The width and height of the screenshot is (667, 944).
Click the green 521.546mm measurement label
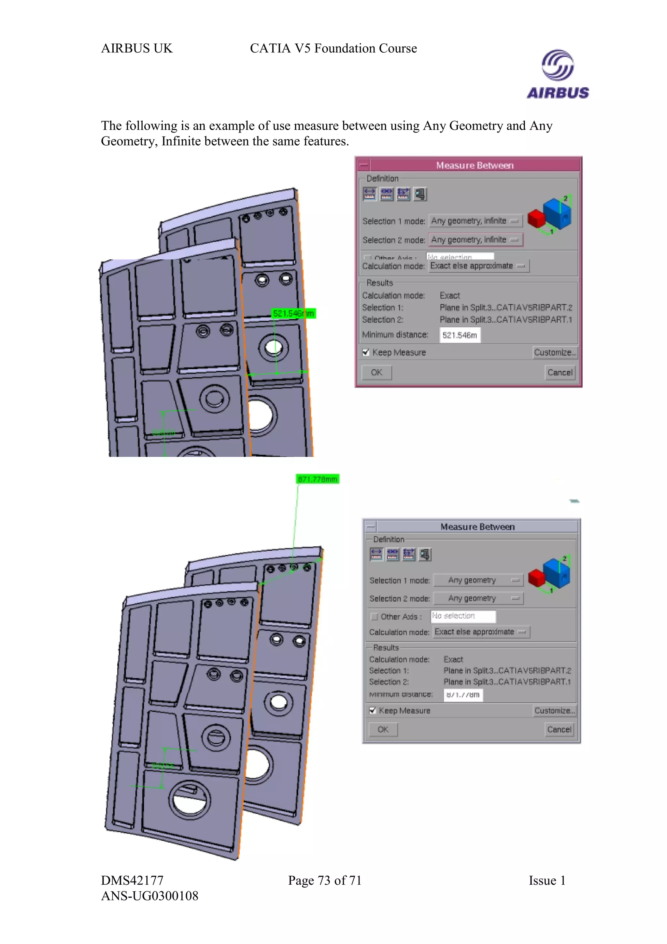point(293,314)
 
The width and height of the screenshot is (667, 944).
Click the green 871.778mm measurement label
point(318,479)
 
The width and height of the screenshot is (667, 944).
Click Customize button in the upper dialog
point(555,352)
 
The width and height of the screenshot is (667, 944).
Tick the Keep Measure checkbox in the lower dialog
point(373,710)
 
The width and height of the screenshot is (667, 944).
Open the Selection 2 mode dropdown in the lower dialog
point(478,598)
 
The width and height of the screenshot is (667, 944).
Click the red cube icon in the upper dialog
point(536,218)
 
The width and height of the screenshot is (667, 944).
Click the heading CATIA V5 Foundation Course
point(333,49)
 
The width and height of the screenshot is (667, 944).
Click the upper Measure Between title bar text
point(475,165)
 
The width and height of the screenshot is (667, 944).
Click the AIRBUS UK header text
point(137,49)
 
